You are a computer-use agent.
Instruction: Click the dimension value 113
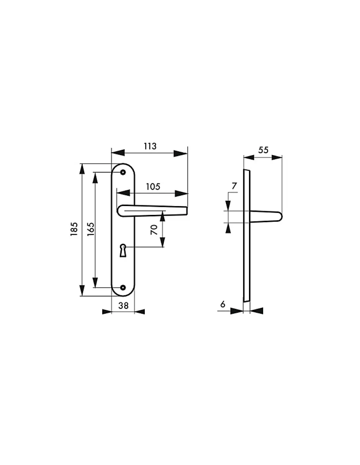click(x=150, y=146)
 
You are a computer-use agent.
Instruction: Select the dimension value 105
click(x=153, y=187)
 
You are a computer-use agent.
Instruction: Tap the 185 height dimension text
click(x=74, y=229)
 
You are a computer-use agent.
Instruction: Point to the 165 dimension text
click(x=90, y=229)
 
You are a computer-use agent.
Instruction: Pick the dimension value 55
click(x=263, y=150)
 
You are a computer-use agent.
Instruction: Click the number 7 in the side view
click(x=234, y=186)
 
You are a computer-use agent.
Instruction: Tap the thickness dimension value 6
click(x=223, y=304)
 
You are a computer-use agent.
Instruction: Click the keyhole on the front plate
click(x=123, y=250)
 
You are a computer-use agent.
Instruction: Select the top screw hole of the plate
click(x=123, y=172)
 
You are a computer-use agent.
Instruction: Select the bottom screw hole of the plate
click(x=123, y=287)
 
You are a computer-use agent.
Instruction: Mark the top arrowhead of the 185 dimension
click(x=82, y=169)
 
